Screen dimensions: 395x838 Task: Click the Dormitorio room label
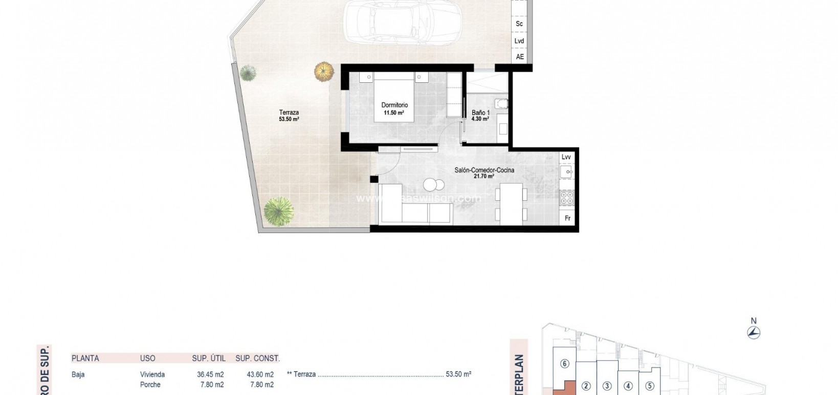pyautogui.click(x=394, y=105)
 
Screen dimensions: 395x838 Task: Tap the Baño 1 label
pyautogui.click(x=480, y=113)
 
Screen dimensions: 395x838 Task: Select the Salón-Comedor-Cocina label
pyautogui.click(x=484, y=170)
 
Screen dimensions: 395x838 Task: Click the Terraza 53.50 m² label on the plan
pyautogui.click(x=289, y=115)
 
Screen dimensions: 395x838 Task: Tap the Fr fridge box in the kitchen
pyautogui.click(x=567, y=218)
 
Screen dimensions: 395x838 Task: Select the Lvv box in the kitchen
pyautogui.click(x=566, y=157)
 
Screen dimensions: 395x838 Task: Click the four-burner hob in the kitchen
pyautogui.click(x=567, y=198)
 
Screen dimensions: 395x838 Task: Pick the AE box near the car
pyautogui.click(x=520, y=57)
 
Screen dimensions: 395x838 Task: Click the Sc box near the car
pyautogui.click(x=519, y=24)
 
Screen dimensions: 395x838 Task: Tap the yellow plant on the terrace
pyautogui.click(x=323, y=72)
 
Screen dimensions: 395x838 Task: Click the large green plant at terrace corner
pyautogui.click(x=279, y=211)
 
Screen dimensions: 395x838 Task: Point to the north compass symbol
pyautogui.click(x=754, y=332)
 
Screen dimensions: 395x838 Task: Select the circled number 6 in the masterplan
pyautogui.click(x=565, y=364)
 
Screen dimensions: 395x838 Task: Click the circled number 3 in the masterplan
pyautogui.click(x=607, y=386)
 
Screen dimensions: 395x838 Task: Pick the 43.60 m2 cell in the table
pyautogui.click(x=260, y=375)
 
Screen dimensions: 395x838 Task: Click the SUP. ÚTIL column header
pyautogui.click(x=209, y=358)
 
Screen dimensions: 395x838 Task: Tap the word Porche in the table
pyautogui.click(x=150, y=384)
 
